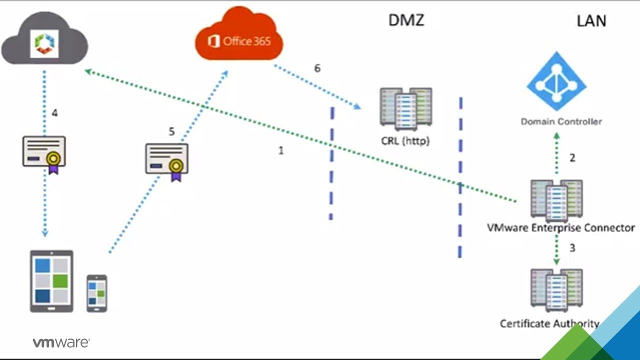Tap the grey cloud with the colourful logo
point(45,43)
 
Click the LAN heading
point(591,20)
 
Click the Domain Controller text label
point(561,121)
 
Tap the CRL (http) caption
point(405,141)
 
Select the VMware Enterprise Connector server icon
point(556,200)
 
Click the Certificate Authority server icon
point(556,290)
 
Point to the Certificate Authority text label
point(549,323)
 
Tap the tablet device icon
point(51,281)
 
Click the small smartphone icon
point(96,293)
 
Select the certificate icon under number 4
point(44,153)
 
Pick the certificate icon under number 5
point(167,161)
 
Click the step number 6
point(317,68)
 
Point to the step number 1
point(281,150)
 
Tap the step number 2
point(572,158)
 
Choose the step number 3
point(572,247)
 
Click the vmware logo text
point(61,343)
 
